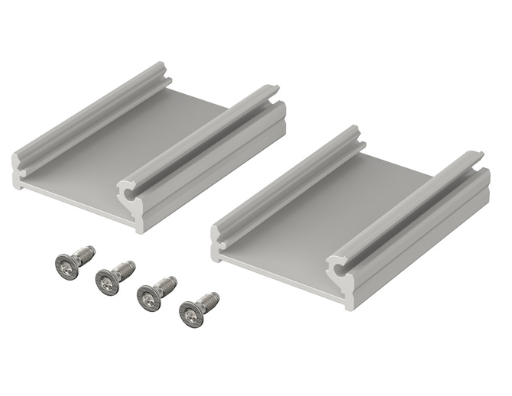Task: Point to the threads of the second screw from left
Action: pyautogui.click(x=126, y=269)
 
